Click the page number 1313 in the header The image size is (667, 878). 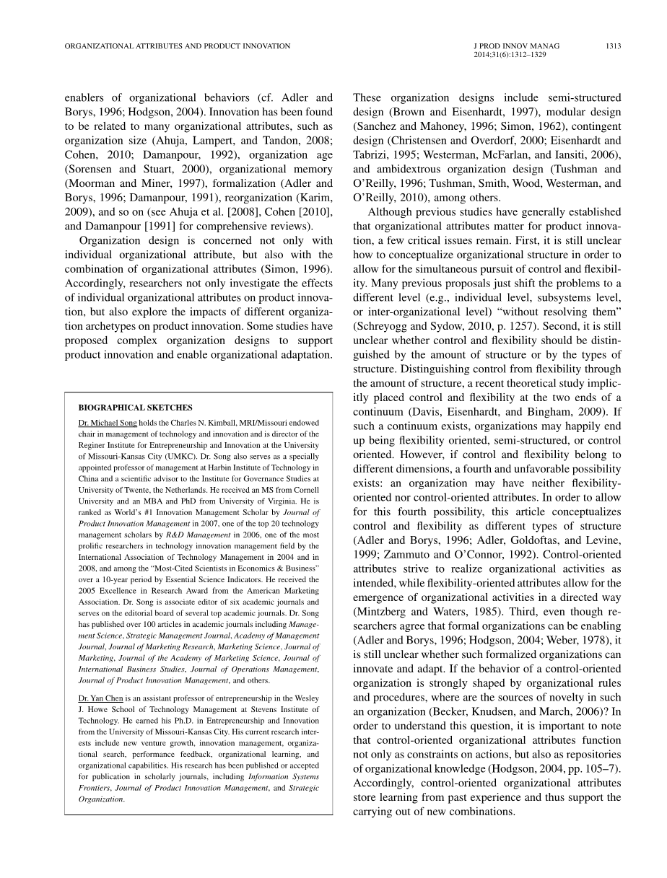pos(613,45)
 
